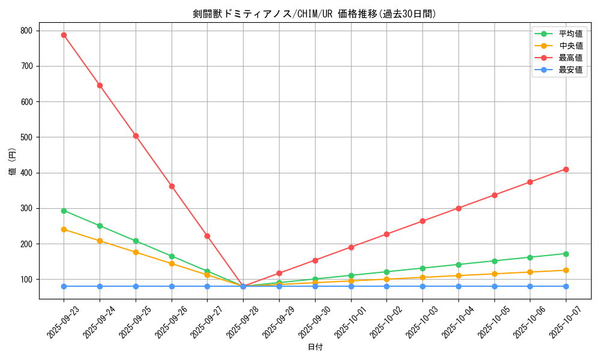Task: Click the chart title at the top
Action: [x=314, y=14]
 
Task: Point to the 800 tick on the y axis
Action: [x=28, y=31]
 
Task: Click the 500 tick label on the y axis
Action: [x=28, y=137]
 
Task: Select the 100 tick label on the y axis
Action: [x=28, y=280]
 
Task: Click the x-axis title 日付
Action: [x=315, y=347]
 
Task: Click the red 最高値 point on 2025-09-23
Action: [x=64, y=35]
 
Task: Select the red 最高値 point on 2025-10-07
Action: [x=566, y=169]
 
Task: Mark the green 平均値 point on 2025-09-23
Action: [x=64, y=211]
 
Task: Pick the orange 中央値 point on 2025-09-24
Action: [x=100, y=241]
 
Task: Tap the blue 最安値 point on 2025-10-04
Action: [x=458, y=286]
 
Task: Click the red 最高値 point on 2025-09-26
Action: [x=172, y=186]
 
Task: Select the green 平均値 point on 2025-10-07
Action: [x=566, y=254]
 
